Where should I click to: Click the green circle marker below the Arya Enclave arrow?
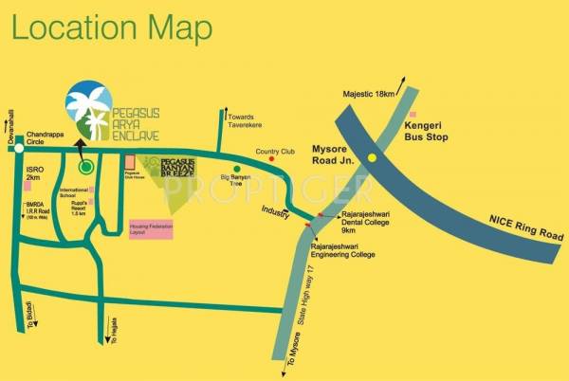click(86, 168)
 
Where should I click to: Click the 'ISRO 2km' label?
click(35, 173)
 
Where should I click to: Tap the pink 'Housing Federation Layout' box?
click(150, 229)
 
